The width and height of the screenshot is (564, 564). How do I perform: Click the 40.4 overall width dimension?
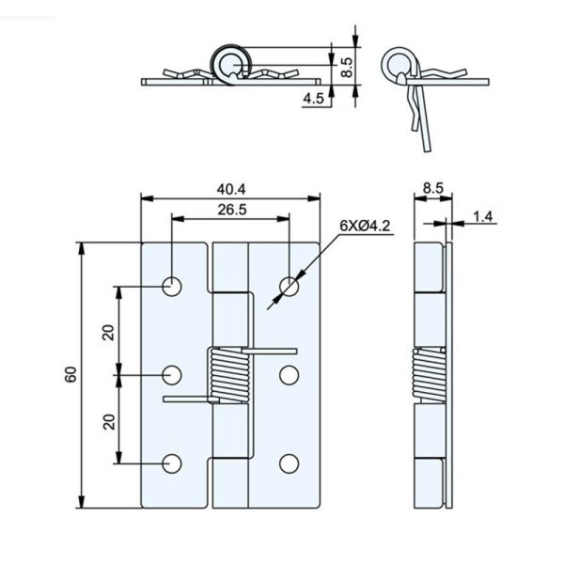pyautogui.click(x=230, y=188)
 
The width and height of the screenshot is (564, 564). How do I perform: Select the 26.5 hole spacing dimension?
pyautogui.click(x=230, y=211)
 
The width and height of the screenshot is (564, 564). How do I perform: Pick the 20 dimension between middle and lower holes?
pyautogui.click(x=108, y=420)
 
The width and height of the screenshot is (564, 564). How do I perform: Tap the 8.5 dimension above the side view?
pyautogui.click(x=432, y=188)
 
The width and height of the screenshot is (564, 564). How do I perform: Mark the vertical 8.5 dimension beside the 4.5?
pyautogui.click(x=346, y=67)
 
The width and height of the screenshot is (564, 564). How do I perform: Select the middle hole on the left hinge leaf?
pyautogui.click(x=172, y=375)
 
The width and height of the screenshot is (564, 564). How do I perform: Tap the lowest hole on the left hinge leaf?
pyautogui.click(x=172, y=462)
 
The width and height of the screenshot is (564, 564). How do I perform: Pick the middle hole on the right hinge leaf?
pyautogui.click(x=289, y=375)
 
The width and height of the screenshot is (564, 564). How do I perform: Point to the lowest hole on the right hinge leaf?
pyautogui.click(x=289, y=462)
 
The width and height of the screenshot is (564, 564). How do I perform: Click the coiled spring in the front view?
pyautogui.click(x=228, y=373)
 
